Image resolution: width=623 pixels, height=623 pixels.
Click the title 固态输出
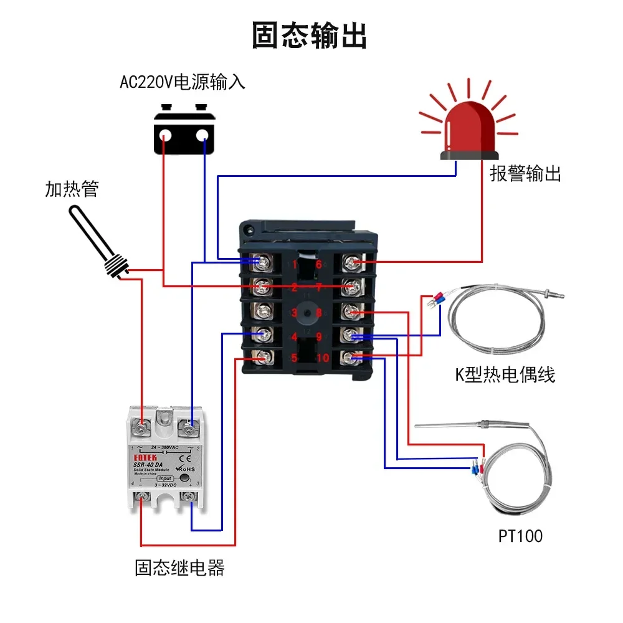[310, 36]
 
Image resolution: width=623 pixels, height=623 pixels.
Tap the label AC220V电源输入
[182, 82]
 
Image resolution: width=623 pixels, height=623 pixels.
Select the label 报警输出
[525, 173]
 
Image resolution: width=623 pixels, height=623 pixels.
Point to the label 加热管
[72, 189]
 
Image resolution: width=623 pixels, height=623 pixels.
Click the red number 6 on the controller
[318, 264]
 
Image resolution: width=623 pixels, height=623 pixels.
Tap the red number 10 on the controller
[322, 358]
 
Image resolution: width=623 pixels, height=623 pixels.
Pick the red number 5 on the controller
[295, 358]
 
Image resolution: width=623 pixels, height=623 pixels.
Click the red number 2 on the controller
[295, 288]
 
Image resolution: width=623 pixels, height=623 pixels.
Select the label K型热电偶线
[505, 374]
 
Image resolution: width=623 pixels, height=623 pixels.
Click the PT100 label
[520, 536]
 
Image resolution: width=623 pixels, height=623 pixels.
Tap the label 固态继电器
[179, 568]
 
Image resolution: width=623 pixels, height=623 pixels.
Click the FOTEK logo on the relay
[141, 455]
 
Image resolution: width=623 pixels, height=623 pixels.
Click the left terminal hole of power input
[166, 135]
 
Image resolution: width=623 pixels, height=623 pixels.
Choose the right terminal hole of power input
[202, 135]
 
